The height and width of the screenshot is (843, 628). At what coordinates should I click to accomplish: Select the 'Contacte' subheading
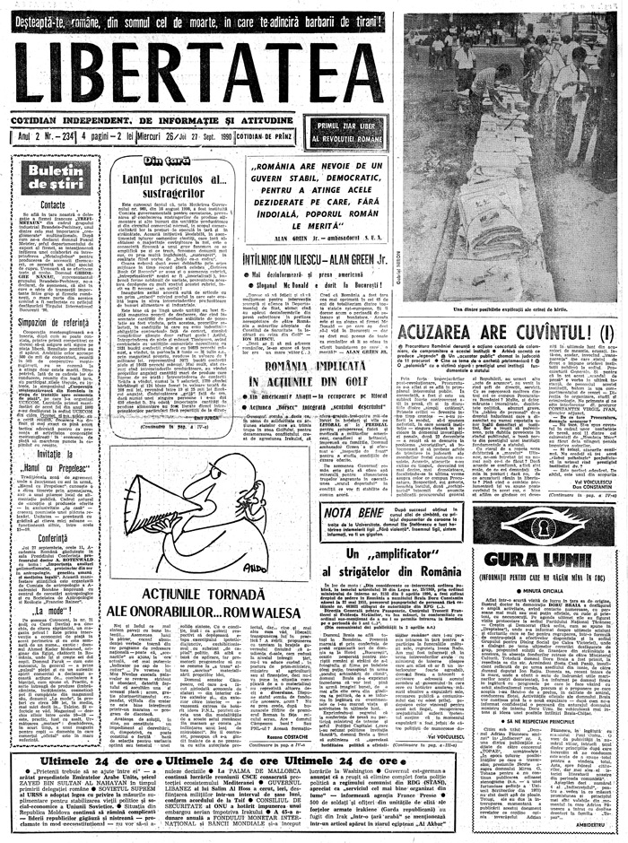pyautogui.click(x=53, y=204)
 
